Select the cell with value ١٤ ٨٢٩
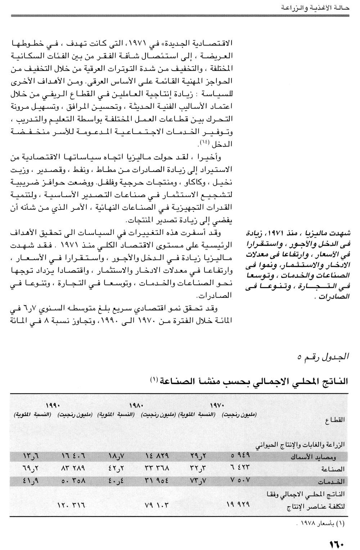click(157, 456)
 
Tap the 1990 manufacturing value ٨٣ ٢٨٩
click(73, 469)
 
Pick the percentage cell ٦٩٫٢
click(31, 469)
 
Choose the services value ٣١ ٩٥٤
click(157, 481)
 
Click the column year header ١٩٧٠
click(216, 406)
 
